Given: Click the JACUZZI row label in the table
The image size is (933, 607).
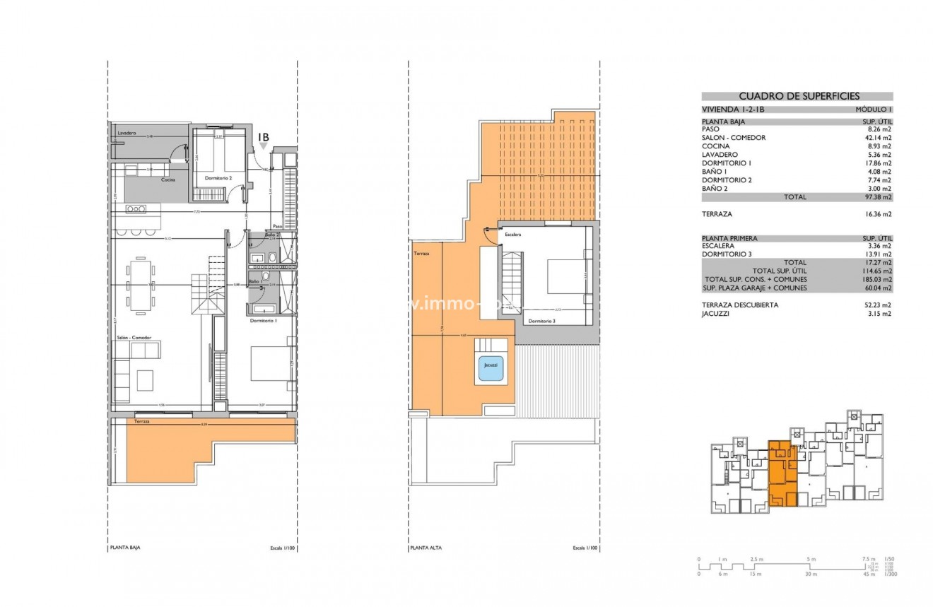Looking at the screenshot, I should click(716, 313).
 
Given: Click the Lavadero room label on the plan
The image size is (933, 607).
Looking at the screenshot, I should click(127, 133).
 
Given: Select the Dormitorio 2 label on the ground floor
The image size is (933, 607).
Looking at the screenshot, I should click(218, 178).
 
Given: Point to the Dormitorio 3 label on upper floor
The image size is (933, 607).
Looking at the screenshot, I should click(541, 321).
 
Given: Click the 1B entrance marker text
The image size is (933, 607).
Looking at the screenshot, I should click(263, 137).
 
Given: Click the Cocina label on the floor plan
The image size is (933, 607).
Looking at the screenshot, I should click(168, 179).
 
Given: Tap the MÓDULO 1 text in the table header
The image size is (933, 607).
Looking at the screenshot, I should click(874, 110).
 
